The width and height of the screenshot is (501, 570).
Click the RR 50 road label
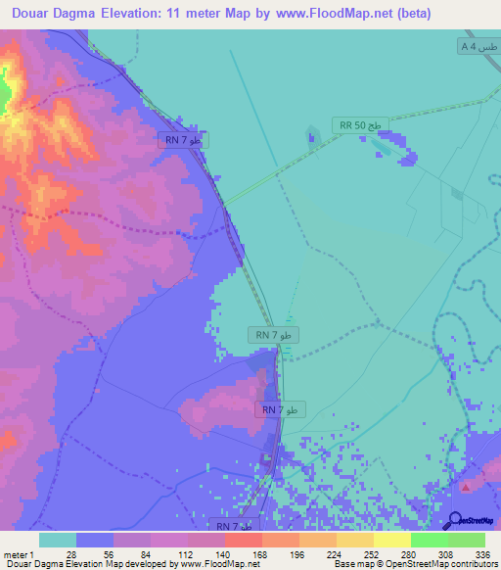click(362, 125)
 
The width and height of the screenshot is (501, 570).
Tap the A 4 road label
click(478, 47)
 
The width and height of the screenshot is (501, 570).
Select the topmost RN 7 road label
click(182, 140)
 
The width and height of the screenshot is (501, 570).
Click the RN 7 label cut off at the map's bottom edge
click(233, 526)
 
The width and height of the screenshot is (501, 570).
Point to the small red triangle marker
click(468, 486)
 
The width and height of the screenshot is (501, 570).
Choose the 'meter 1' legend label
click(17, 554)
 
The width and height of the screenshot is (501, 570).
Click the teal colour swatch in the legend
click(58, 540)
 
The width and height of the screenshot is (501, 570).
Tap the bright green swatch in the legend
click(429, 540)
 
